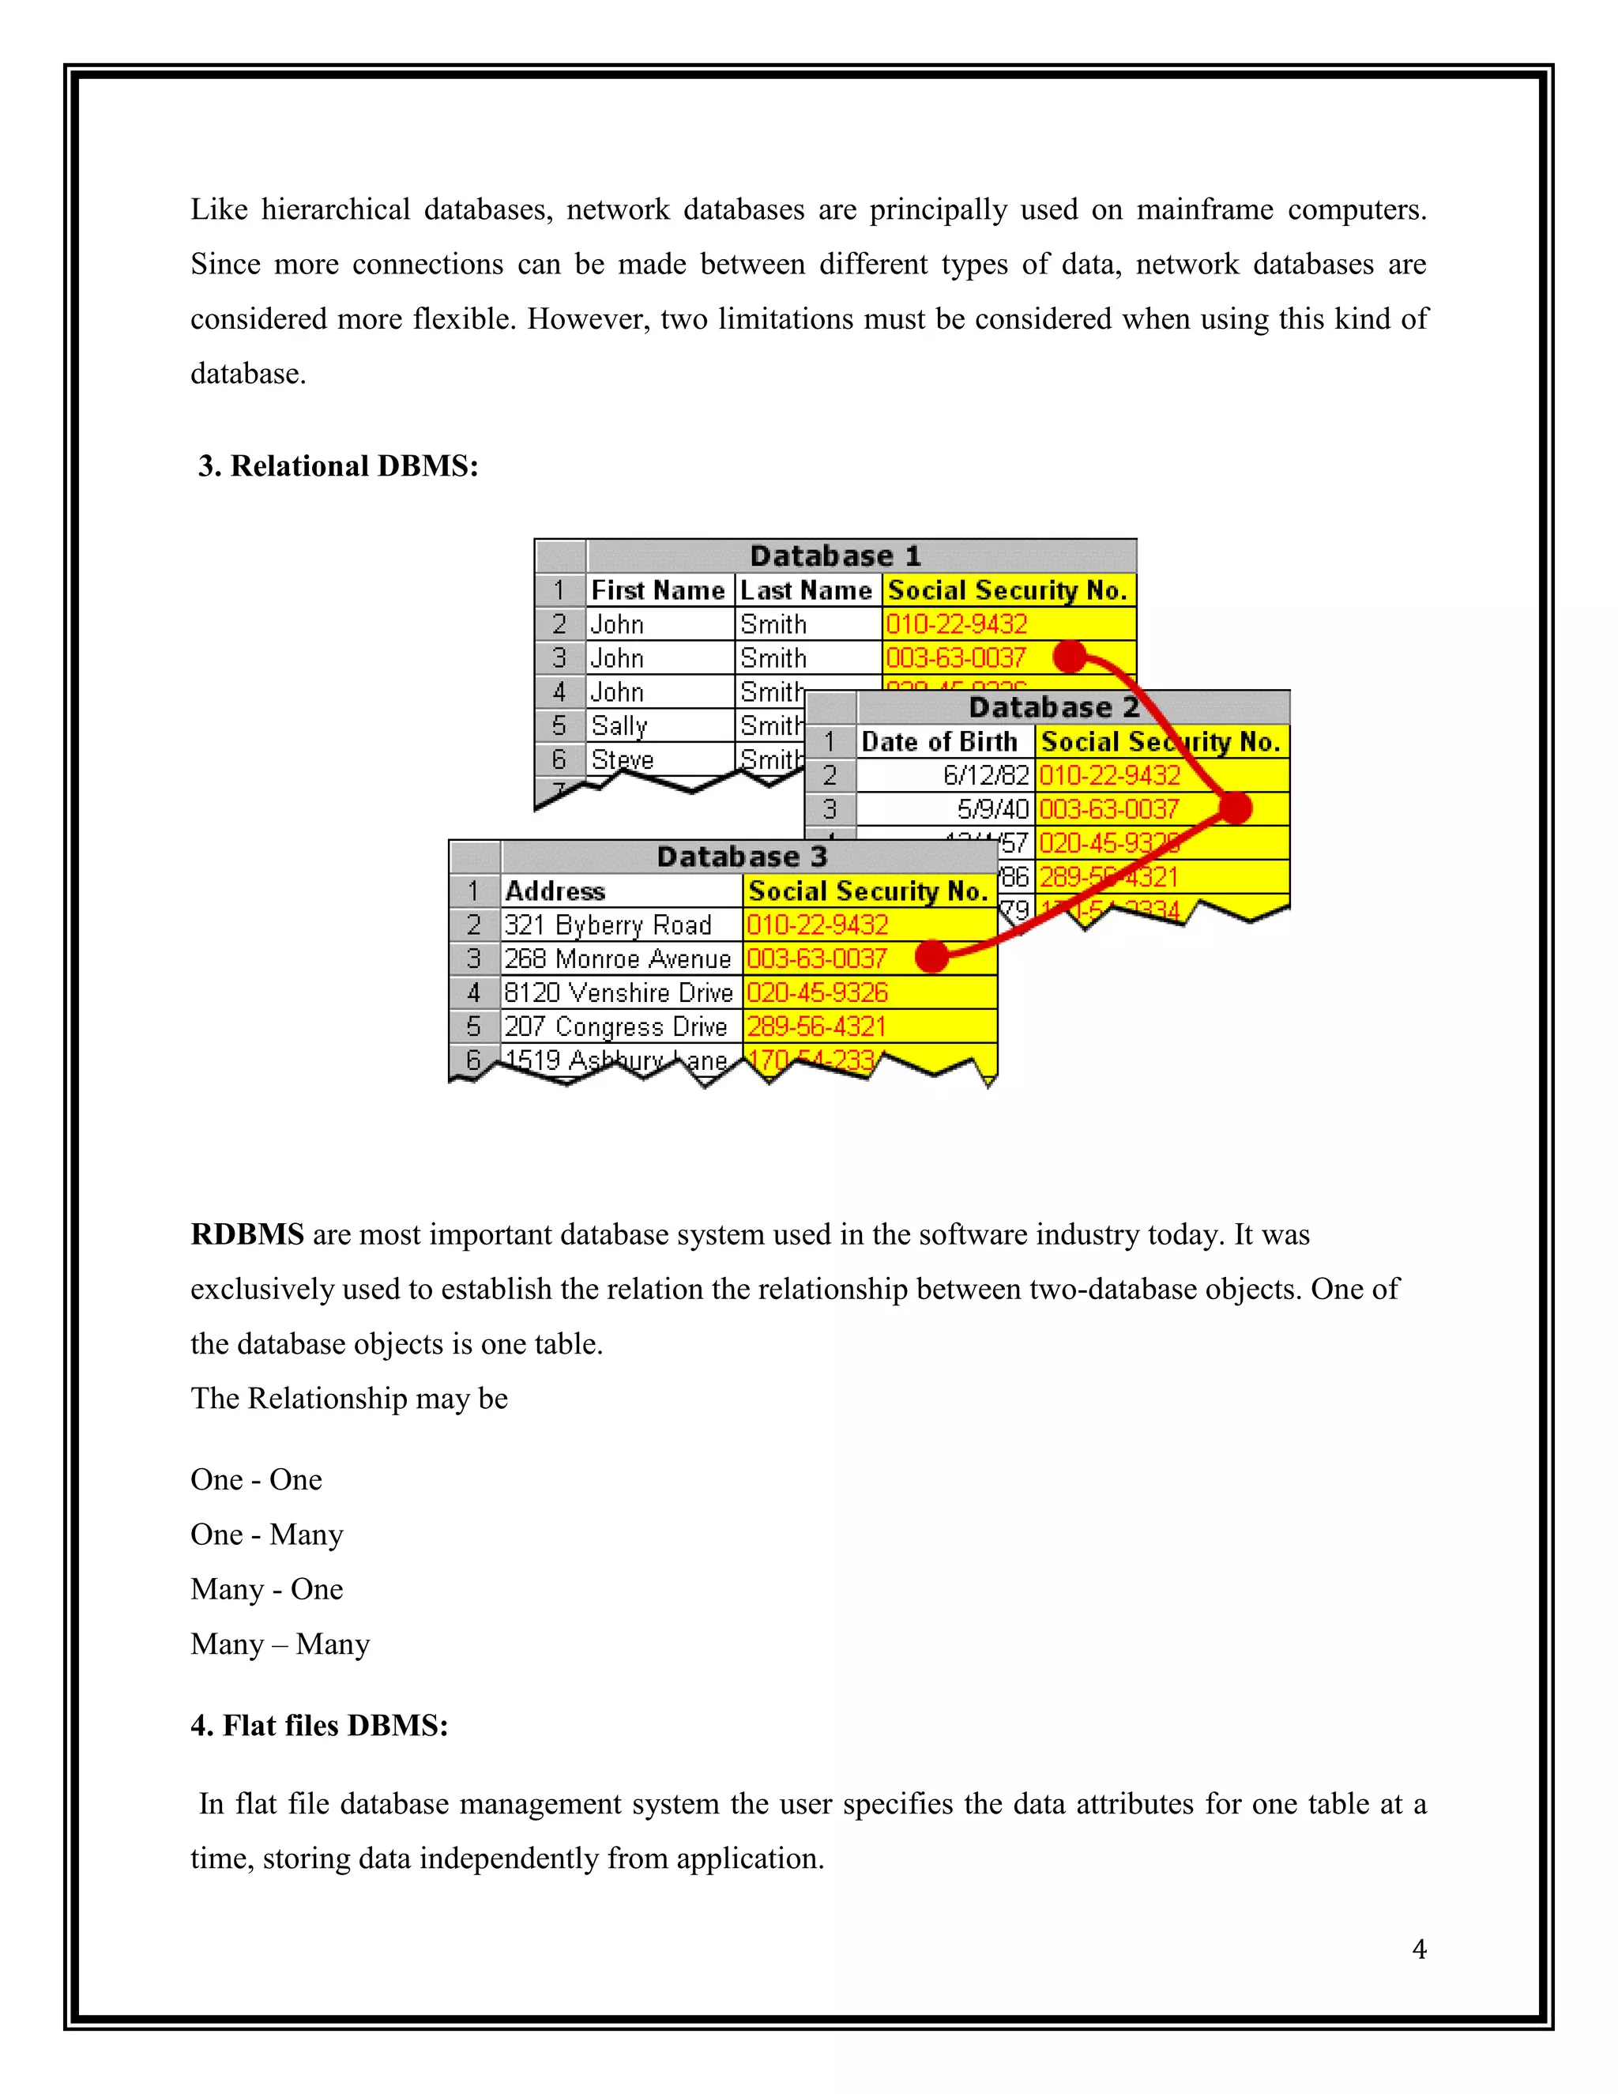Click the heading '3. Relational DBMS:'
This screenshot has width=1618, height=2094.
337,466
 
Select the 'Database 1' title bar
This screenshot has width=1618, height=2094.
835,556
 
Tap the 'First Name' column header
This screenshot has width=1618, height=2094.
659,590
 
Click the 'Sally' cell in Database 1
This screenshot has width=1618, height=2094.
619,726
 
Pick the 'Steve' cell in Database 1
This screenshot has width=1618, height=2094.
623,759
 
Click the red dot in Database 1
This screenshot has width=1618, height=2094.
1070,657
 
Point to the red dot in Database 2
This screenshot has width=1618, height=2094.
1236,808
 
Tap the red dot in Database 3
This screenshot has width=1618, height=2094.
931,956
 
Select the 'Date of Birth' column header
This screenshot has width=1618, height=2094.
939,742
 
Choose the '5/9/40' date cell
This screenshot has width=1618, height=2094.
992,809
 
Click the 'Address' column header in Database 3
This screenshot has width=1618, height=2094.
556,891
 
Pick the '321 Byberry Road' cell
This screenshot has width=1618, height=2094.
608,925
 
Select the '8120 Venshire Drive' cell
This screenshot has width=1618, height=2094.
619,992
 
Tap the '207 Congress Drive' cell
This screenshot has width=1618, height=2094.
615,1027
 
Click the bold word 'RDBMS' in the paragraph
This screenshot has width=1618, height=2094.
247,1234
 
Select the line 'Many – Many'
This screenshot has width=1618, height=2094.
280,1644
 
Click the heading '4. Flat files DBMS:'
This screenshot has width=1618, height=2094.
319,1725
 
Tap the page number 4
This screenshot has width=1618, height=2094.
1419,1949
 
